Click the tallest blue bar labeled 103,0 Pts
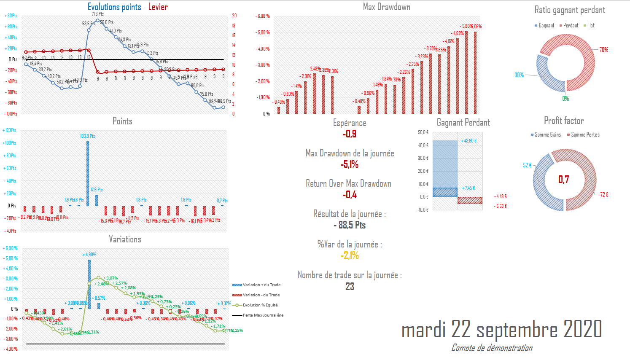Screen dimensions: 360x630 point(88,173)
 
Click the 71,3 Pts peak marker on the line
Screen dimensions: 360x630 point(97,20)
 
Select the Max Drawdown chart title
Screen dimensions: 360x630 point(386,7)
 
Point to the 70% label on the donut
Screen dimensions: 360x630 point(603,50)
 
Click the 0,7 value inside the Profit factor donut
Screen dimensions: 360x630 point(563,180)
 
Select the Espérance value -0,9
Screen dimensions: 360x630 point(350,134)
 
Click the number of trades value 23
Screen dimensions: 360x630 point(350,287)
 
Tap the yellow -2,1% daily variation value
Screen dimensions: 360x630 point(350,255)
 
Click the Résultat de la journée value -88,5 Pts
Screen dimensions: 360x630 point(350,225)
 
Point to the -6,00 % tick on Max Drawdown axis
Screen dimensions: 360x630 point(263,16)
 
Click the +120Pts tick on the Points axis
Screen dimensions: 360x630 point(10,130)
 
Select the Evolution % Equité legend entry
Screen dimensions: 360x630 point(260,305)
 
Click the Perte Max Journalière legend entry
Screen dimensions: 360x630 point(263,315)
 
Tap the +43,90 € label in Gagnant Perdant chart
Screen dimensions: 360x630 point(468,141)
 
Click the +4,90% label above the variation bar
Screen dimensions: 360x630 point(89,255)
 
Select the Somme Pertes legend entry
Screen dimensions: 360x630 point(585,135)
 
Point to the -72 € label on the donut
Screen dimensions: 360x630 point(603,195)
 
